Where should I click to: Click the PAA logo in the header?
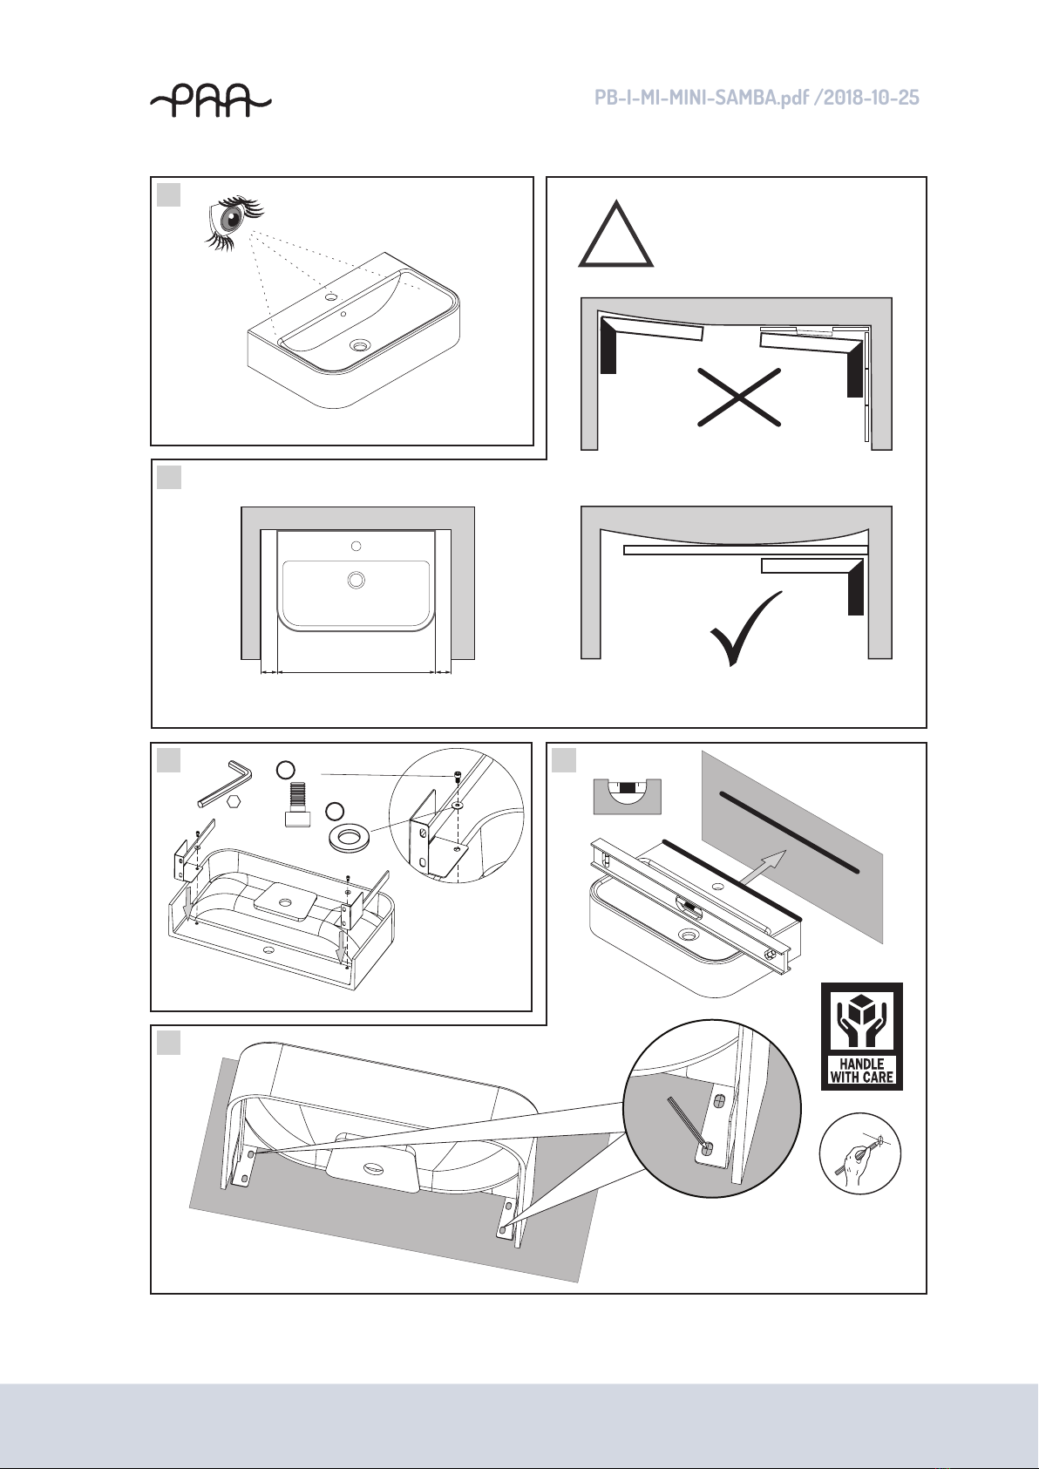click(x=210, y=101)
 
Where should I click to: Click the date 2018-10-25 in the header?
click(x=871, y=98)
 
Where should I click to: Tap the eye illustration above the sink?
click(x=234, y=221)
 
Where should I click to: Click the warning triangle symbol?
click(x=615, y=235)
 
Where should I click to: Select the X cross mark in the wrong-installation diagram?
click(x=739, y=398)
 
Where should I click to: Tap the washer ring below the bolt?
click(x=348, y=838)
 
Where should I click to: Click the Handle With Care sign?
click(x=861, y=1037)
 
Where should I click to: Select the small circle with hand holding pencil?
click(x=860, y=1153)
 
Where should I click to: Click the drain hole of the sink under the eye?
click(x=360, y=343)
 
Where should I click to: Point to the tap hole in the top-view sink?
click(x=356, y=545)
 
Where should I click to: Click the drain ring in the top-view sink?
click(x=356, y=579)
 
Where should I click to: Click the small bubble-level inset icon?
click(x=628, y=796)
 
